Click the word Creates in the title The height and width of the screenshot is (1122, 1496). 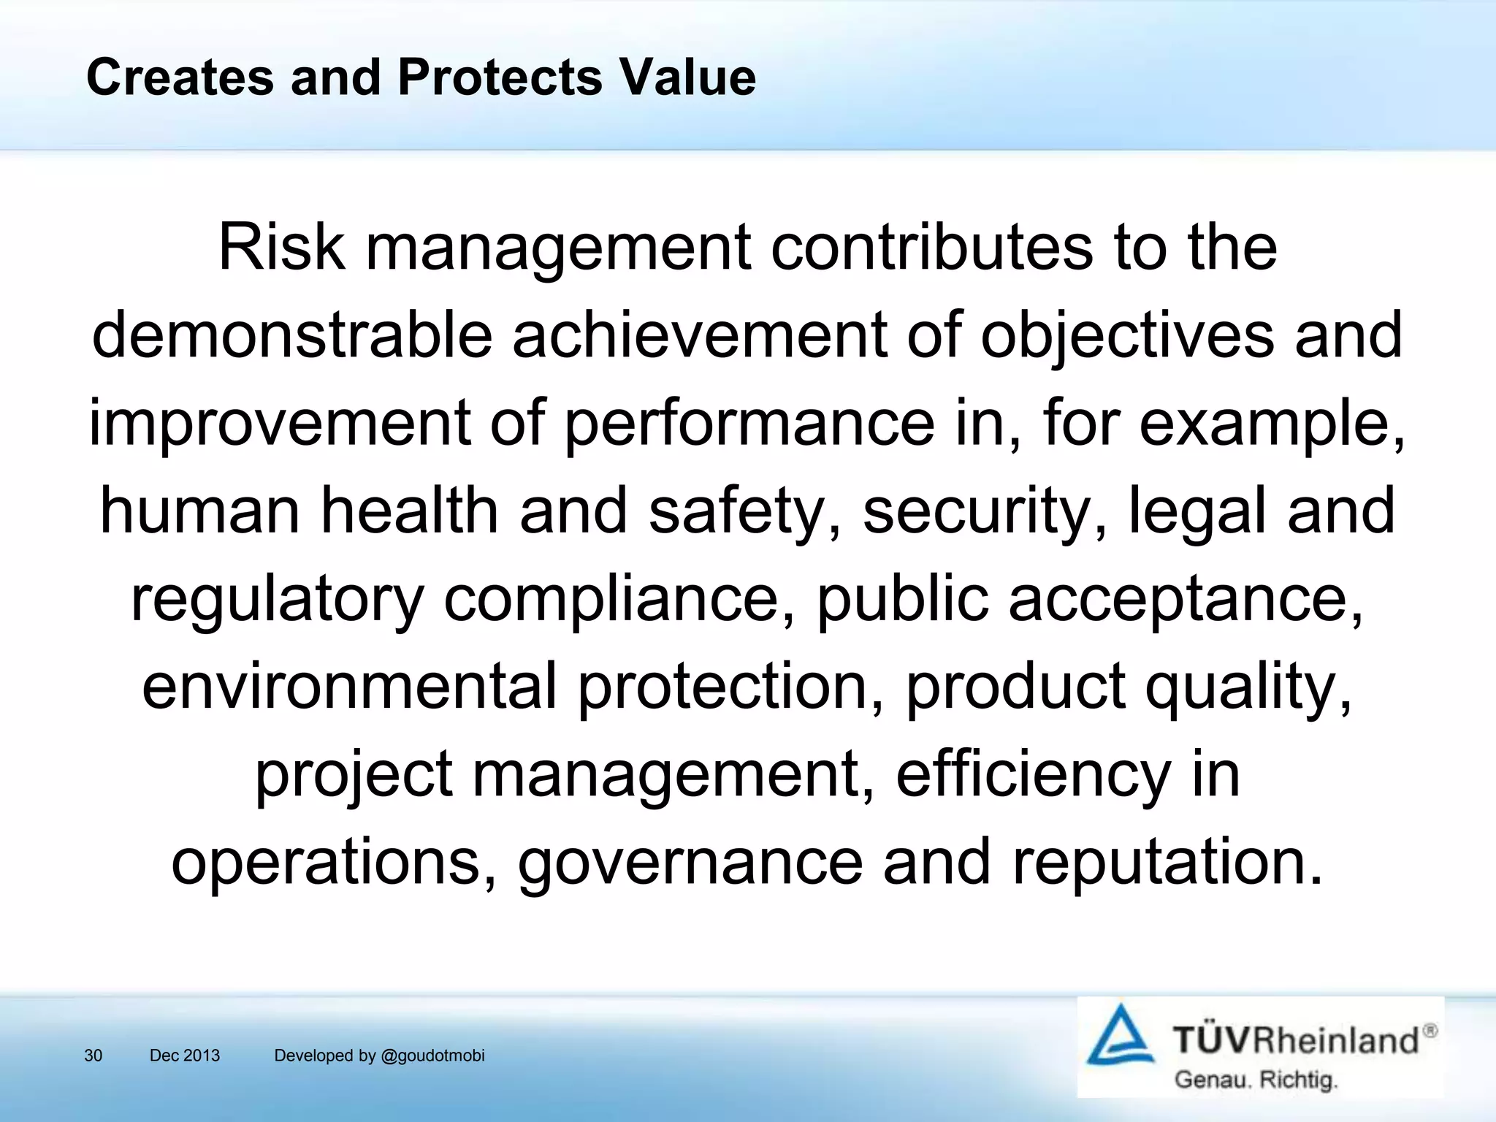(x=180, y=77)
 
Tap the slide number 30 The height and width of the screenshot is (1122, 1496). (x=93, y=1056)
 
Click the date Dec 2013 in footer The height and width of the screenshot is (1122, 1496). (x=185, y=1056)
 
